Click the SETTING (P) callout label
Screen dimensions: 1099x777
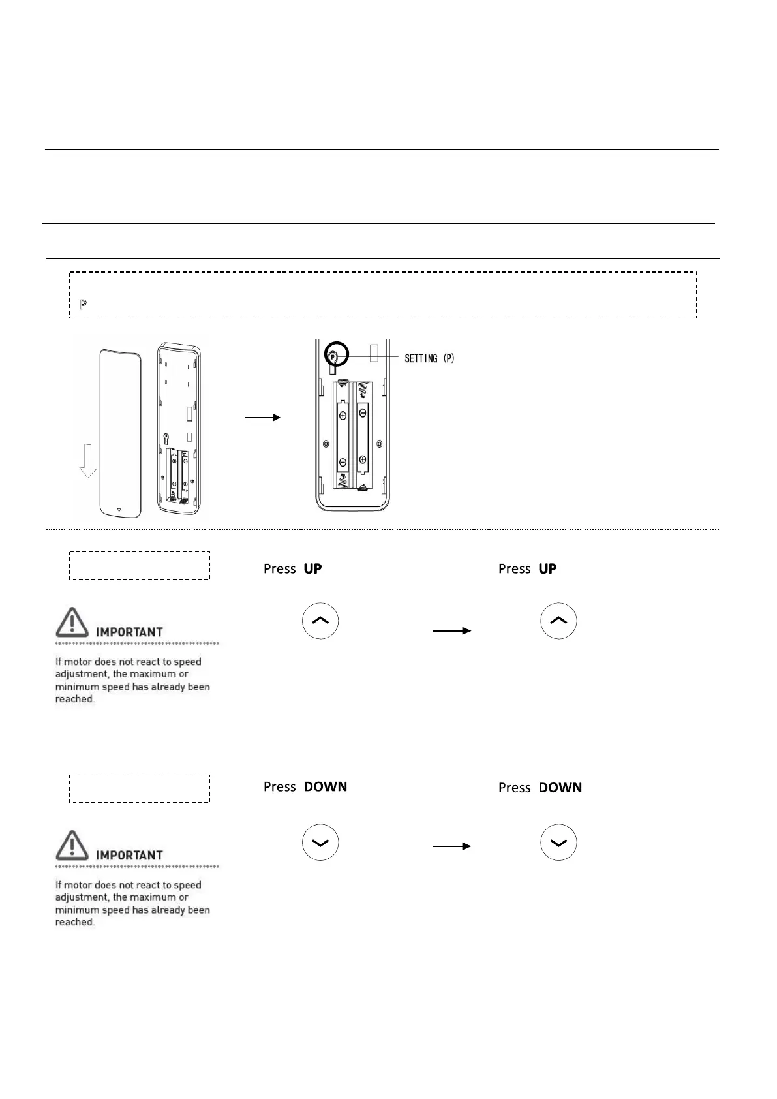429,358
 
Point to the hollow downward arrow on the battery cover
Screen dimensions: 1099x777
87,463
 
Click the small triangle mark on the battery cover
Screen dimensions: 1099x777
119,510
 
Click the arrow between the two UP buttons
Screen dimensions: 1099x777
451,631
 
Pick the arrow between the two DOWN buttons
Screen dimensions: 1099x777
451,846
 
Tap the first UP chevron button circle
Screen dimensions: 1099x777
320,621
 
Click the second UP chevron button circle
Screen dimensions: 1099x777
558,621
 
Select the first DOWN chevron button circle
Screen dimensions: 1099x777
320,843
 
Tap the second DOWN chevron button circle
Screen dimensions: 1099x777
558,843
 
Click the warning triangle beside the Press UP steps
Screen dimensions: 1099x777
72,623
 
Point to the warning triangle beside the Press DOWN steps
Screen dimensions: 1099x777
72,846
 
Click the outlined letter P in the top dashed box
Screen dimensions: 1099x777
83,305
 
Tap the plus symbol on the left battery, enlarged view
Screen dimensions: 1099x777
343,414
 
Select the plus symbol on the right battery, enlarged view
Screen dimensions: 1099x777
363,459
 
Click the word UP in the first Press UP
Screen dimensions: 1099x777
312,569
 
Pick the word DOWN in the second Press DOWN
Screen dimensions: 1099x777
560,788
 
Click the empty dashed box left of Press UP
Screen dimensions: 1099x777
140,566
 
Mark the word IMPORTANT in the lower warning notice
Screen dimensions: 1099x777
129,855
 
